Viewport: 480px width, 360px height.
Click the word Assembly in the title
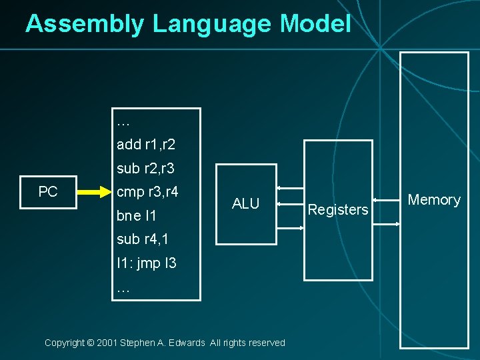[x=84, y=24]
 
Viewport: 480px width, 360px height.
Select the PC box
[x=48, y=192]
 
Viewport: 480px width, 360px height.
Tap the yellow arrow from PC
[x=93, y=193]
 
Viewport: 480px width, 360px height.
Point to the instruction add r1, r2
[x=145, y=144]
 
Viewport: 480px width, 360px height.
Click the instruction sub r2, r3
[x=145, y=168]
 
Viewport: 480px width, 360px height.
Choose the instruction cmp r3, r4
[x=147, y=193]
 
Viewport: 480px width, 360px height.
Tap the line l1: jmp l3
[x=147, y=263]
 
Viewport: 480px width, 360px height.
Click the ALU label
[x=245, y=204]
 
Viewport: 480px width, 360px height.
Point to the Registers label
[x=338, y=210]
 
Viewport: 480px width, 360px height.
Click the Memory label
[x=434, y=200]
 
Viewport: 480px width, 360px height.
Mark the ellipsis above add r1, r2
[x=123, y=123]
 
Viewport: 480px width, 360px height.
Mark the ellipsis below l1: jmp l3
[x=123, y=289]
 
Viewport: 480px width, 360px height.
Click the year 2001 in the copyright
[x=107, y=343]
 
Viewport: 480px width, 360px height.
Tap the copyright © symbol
[x=90, y=343]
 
